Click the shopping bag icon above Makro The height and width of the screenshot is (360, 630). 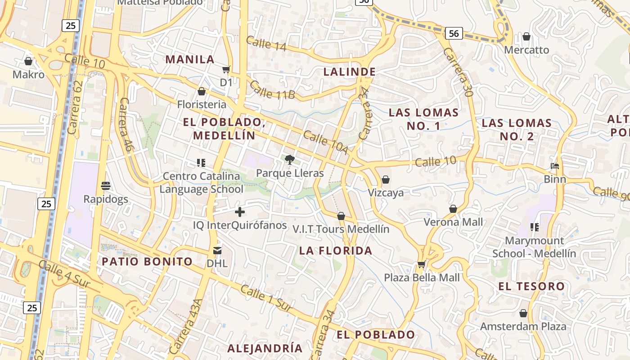[28, 61]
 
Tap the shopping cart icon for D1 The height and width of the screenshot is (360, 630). [226, 70]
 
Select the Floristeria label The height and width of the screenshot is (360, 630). [202, 104]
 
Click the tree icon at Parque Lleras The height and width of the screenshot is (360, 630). [290, 159]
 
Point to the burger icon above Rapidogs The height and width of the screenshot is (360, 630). [106, 186]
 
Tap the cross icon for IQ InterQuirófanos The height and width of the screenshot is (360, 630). [240, 211]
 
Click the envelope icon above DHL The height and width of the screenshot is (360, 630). [217, 250]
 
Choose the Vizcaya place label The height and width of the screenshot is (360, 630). [386, 193]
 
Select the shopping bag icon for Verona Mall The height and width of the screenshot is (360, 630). [453, 209]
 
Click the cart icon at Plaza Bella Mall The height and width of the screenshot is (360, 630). [422, 265]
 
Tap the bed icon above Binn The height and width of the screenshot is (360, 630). [555, 166]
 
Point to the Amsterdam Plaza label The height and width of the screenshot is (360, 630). [523, 326]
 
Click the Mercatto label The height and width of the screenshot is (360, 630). [526, 49]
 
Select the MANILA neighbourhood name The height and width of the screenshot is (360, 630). [190, 59]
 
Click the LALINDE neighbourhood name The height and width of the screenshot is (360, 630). [350, 72]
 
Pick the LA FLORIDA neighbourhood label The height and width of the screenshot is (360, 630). [336, 251]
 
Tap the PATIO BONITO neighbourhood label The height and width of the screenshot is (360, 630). [147, 261]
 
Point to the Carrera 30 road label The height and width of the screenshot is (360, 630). [457, 72]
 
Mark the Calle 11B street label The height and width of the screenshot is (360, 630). [273, 90]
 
